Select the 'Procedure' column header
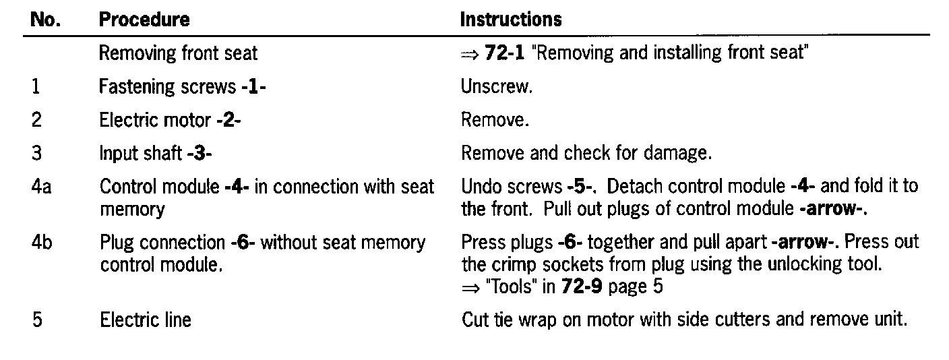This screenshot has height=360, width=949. tap(144, 20)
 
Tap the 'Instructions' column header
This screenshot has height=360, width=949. tap(511, 20)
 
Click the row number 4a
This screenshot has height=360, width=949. tap(39, 186)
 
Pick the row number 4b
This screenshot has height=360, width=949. tap(40, 242)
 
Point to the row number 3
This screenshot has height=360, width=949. tap(36, 153)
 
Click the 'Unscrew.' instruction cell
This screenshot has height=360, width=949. tap(496, 87)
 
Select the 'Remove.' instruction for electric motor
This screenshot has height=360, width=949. tap(495, 120)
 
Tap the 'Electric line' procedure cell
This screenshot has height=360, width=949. tap(145, 319)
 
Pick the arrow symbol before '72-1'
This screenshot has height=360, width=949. tap(469, 54)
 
